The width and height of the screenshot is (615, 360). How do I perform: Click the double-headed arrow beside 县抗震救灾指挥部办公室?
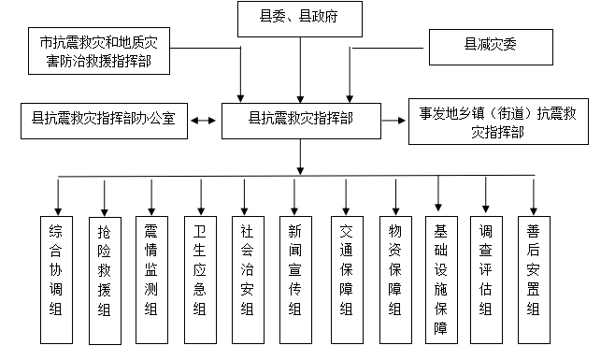click(205, 120)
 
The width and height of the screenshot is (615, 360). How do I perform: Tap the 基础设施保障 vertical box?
click(440, 277)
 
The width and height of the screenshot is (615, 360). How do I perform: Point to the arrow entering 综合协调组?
click(58, 196)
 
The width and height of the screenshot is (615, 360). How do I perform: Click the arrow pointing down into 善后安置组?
click(534, 196)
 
